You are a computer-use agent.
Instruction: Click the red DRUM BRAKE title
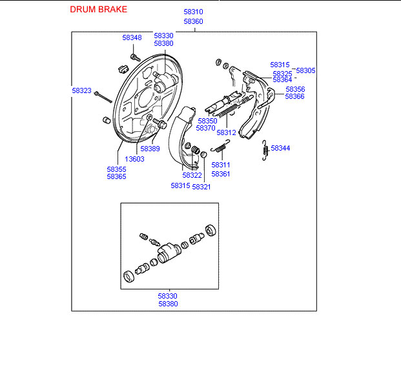pos(98,10)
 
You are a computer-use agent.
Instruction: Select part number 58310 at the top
pos(193,12)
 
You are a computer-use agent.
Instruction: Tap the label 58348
pos(132,37)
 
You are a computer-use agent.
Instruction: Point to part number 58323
pos(81,91)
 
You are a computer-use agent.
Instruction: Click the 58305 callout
pos(305,70)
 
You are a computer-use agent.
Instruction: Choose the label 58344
pos(280,148)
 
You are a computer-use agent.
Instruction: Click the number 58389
pos(150,149)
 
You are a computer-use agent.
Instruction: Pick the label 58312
pos(227,132)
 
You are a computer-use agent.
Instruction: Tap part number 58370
pos(207,129)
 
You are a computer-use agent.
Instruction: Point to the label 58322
pos(192,175)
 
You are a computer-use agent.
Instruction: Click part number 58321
pos(201,187)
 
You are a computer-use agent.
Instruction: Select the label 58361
pos(221,174)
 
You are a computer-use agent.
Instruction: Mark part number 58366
pos(295,96)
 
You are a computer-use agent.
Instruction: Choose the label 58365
pos(116,176)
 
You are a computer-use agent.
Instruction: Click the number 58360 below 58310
pos(193,21)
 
